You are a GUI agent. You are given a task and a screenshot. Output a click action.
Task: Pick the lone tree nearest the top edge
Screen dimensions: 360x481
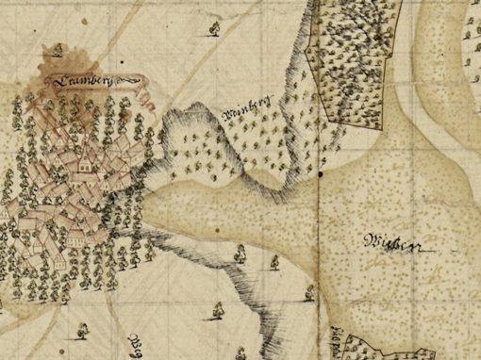(x=213, y=29)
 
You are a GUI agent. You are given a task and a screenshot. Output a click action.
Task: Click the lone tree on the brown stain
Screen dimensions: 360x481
(x=59, y=49)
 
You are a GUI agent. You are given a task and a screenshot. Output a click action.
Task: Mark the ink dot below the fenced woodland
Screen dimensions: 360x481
(x=321, y=174)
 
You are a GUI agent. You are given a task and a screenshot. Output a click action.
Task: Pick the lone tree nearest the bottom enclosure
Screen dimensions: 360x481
(x=308, y=295)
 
